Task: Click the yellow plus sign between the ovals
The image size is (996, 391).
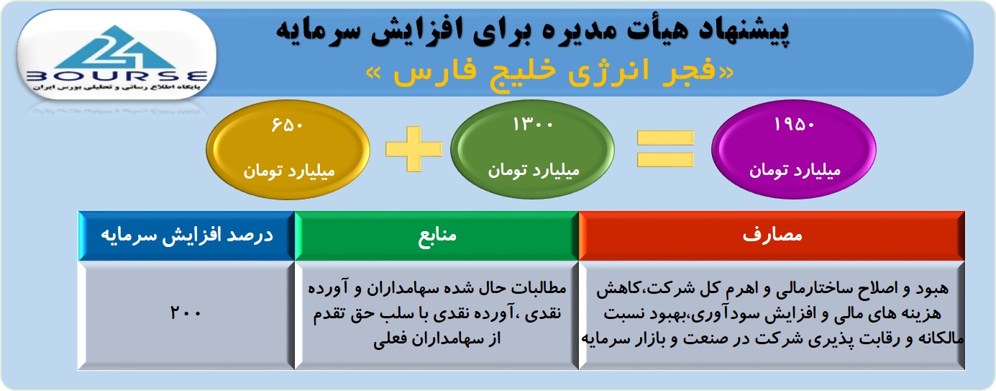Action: coord(414,149)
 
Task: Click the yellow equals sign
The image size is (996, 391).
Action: coord(665,149)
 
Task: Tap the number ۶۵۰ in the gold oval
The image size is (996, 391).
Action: coord(287,125)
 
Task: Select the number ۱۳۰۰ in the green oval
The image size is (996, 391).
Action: coord(533,124)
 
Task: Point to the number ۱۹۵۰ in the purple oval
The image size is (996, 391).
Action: coord(794,125)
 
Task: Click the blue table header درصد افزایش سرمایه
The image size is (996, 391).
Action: coord(187,235)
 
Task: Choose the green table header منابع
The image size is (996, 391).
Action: coord(437,235)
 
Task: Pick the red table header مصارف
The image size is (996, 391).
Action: coord(772,235)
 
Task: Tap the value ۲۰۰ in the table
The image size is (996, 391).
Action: coord(186,313)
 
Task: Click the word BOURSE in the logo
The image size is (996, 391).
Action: coord(116,76)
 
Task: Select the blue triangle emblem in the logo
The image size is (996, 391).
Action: coord(116,47)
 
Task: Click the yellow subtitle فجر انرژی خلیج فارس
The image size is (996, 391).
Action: coord(549,71)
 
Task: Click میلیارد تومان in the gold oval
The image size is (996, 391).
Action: coord(288,171)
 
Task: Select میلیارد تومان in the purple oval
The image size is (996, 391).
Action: coord(795,171)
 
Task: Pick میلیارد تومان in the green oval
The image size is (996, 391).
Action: coord(534,171)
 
